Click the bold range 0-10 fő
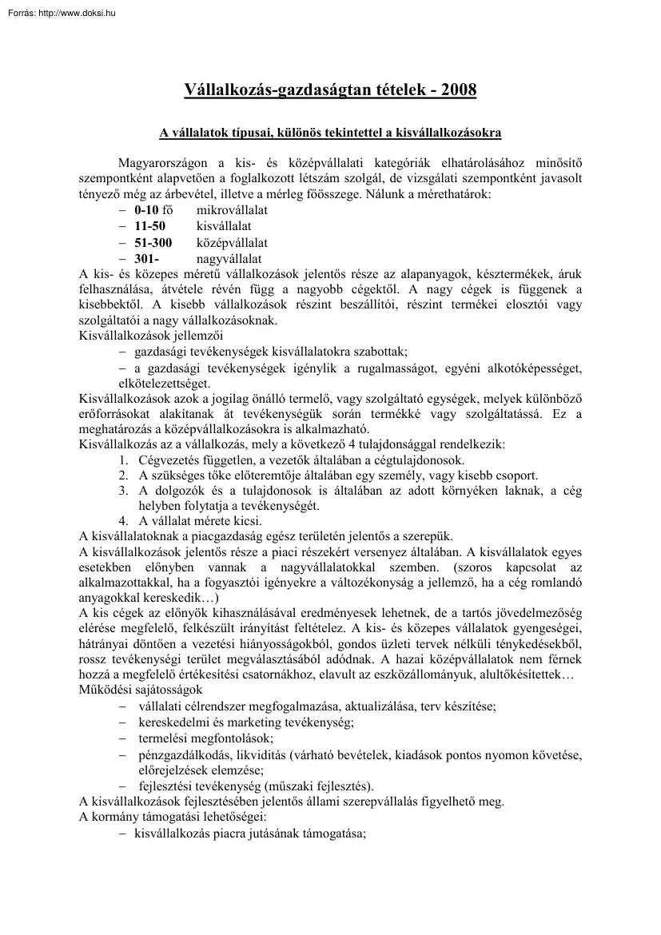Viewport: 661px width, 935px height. coord(153,210)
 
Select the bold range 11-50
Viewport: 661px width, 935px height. coord(149,226)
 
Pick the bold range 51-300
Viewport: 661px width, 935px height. coord(153,242)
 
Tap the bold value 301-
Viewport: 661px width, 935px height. coord(147,258)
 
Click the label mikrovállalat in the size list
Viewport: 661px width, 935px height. coord(232,210)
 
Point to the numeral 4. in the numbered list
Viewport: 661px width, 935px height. coord(124,520)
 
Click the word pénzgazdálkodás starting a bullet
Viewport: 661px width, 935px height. coord(177,755)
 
